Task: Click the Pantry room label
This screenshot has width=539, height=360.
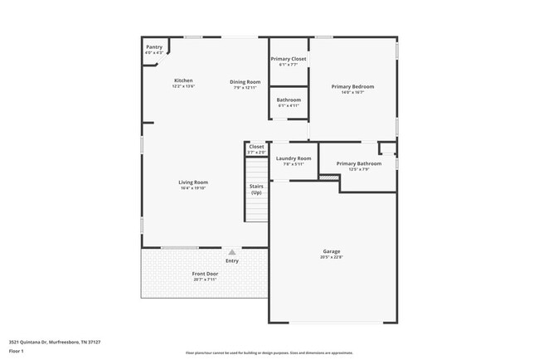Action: click(154, 47)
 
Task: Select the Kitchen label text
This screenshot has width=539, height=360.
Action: click(183, 80)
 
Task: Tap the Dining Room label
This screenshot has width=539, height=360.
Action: click(245, 81)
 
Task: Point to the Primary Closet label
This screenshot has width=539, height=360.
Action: click(289, 59)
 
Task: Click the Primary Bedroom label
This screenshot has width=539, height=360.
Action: click(352, 86)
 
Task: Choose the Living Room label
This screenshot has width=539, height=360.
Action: click(193, 182)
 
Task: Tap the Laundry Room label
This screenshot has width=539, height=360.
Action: click(294, 158)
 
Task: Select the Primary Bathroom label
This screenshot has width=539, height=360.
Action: click(358, 163)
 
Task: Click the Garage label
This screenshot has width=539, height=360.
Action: click(332, 251)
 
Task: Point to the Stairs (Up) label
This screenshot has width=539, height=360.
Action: click(256, 189)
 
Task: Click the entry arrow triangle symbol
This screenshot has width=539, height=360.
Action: click(232, 251)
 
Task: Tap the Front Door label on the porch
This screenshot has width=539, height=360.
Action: click(205, 274)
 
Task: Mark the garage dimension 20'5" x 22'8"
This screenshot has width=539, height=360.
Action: click(332, 257)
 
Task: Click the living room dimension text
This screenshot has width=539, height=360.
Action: click(193, 188)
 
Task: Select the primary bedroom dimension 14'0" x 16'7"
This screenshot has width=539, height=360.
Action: click(352, 93)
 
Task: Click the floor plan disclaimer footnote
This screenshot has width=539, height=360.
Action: click(269, 353)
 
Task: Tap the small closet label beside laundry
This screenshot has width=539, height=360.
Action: click(256, 147)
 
